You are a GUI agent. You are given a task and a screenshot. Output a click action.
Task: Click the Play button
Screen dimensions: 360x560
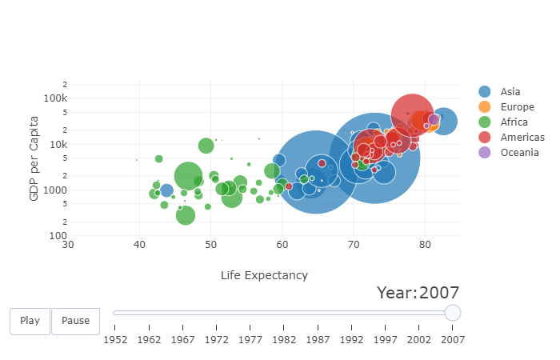30,321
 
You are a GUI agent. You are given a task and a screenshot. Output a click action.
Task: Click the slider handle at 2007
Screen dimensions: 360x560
452,313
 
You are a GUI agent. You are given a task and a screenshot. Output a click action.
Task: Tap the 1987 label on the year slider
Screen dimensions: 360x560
318,339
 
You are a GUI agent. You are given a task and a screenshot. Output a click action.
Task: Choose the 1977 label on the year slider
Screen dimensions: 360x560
250,339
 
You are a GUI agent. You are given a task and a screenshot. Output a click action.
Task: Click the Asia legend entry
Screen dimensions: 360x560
509,91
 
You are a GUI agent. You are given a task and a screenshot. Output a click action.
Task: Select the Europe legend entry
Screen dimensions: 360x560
513,106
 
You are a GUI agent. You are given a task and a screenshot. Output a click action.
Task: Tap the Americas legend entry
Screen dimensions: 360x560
518,137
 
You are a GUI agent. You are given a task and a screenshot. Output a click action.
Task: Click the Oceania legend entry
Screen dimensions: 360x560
516,152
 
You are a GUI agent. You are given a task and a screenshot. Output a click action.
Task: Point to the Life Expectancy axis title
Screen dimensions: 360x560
264,275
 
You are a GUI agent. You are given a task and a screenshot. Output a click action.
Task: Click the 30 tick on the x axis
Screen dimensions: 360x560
69,244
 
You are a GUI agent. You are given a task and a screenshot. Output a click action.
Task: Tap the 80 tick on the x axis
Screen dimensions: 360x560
425,244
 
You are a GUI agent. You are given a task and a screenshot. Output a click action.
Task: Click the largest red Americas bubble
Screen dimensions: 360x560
413,115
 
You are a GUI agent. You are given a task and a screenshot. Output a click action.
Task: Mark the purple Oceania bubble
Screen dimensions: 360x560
434,120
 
